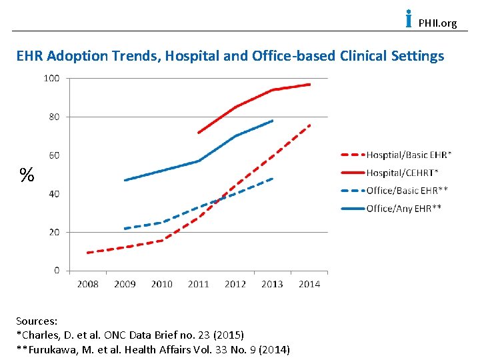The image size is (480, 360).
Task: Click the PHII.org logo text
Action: pos(437,23)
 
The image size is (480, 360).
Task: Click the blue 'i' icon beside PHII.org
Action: pos(408,19)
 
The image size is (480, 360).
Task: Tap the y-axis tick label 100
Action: pos(51,78)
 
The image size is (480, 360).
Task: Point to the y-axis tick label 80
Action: pos(53,117)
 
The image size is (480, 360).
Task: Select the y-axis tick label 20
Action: pos(53,232)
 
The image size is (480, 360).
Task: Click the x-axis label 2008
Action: pos(88,283)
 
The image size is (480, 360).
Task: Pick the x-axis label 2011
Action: pos(199,283)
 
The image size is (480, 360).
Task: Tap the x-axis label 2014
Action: pos(309,283)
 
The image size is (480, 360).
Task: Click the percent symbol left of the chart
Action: pos(27,175)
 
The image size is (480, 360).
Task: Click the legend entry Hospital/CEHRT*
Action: pos(402,173)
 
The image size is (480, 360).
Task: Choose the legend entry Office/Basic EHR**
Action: pos(407,191)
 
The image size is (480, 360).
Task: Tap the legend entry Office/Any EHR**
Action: pos(404,209)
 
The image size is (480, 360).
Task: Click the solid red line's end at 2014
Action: pos(310,85)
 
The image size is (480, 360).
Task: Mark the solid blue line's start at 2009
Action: pos(125,180)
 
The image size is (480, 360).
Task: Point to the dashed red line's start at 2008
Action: pos(88,253)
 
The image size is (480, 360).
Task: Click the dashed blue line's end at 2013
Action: pos(273,178)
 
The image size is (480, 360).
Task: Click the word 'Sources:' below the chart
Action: pos(37,321)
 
